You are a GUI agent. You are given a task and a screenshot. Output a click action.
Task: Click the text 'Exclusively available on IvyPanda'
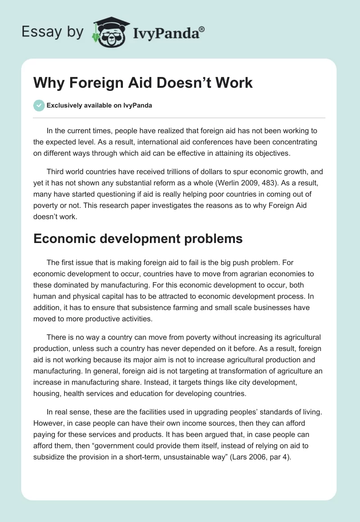tap(99, 105)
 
